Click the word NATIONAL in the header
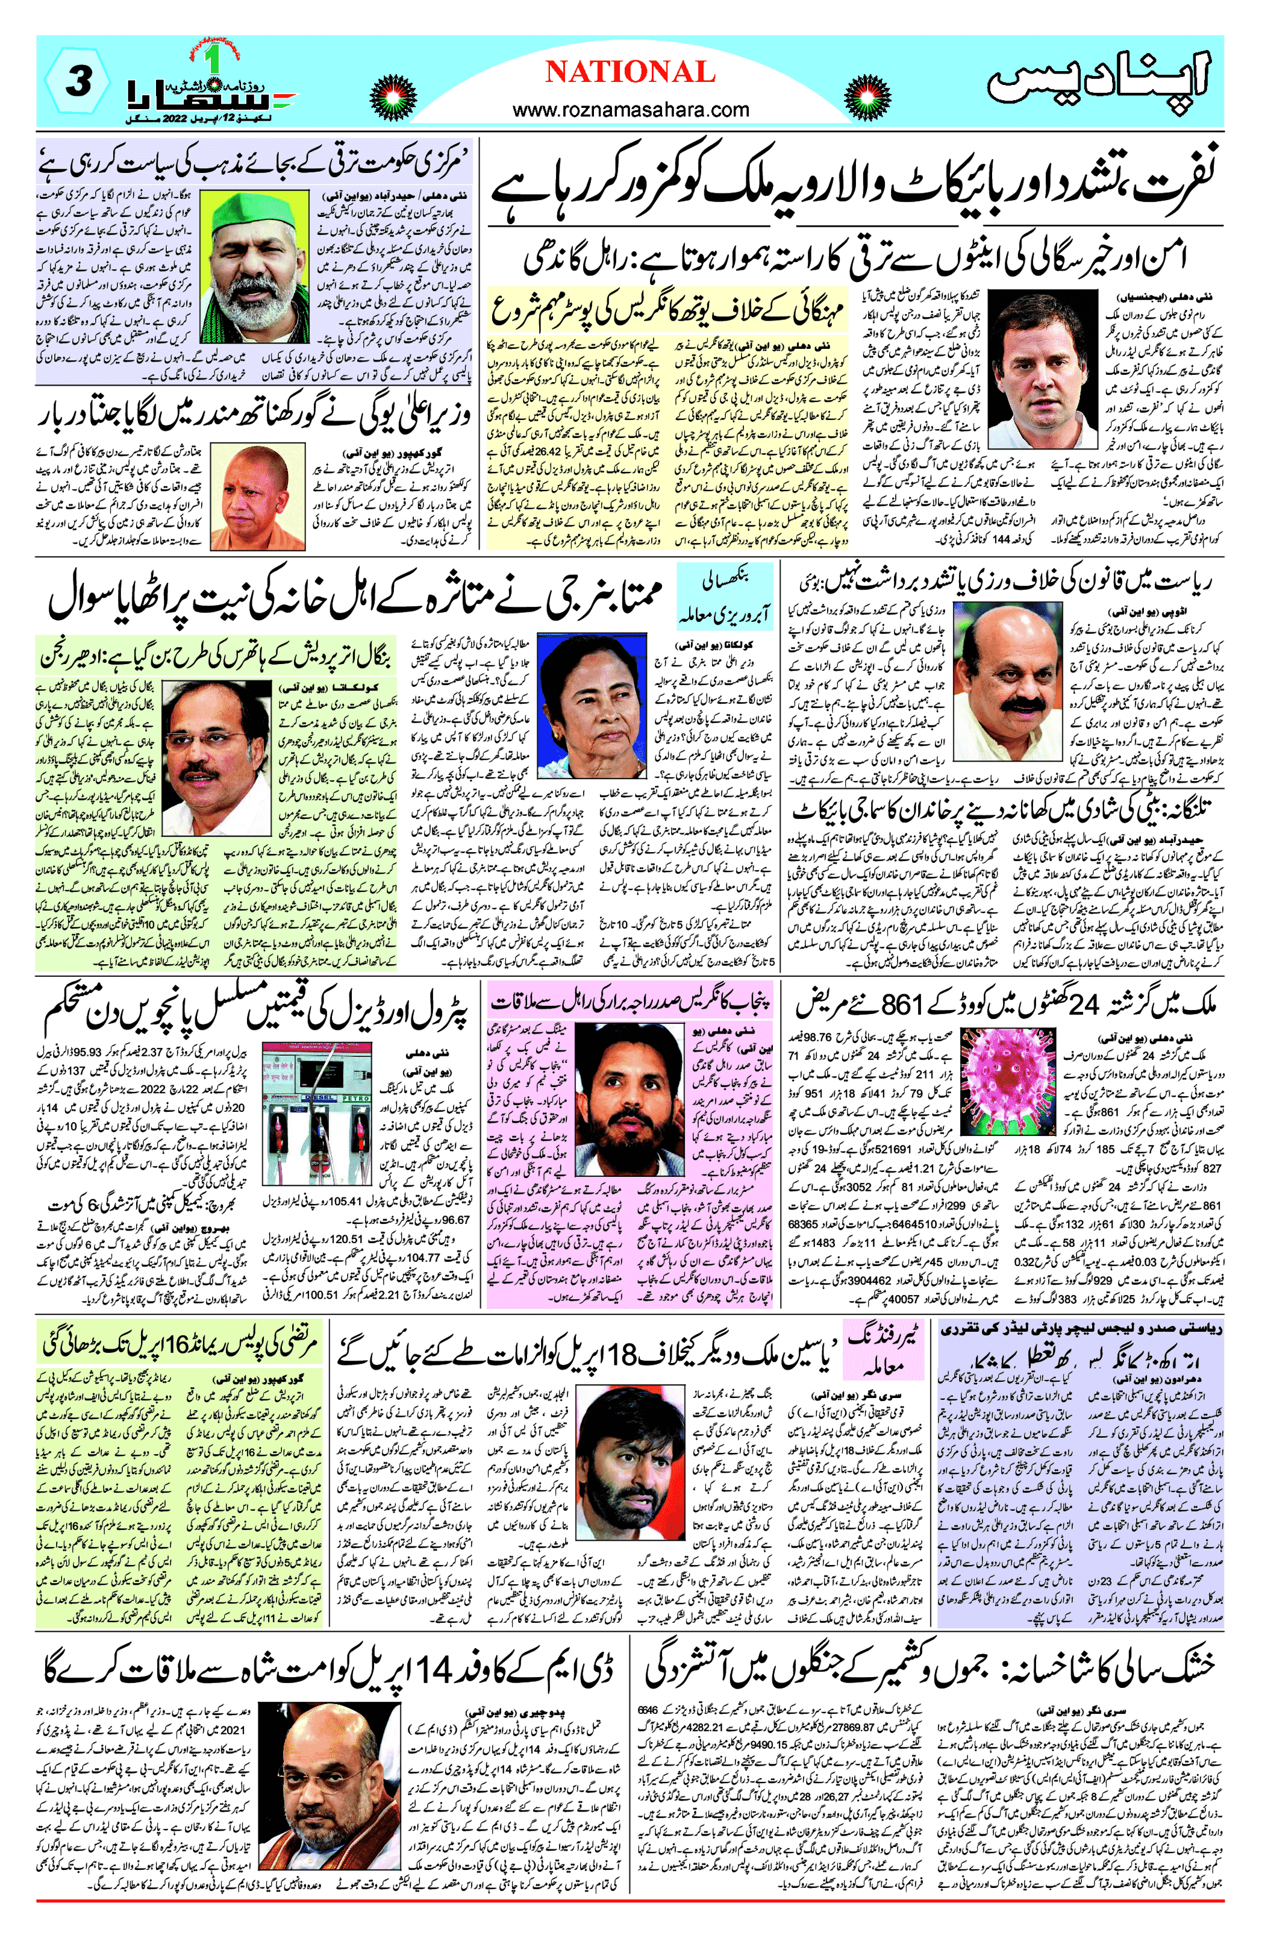click(x=630, y=72)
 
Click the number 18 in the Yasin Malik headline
click(x=625, y=1352)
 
